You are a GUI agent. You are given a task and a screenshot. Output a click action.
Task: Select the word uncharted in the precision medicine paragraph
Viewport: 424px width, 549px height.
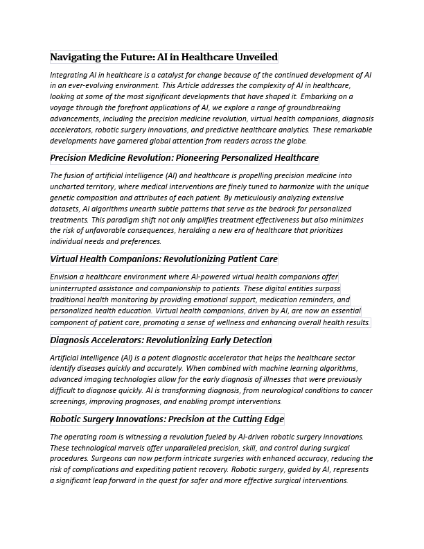pyautogui.click(x=67, y=186)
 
